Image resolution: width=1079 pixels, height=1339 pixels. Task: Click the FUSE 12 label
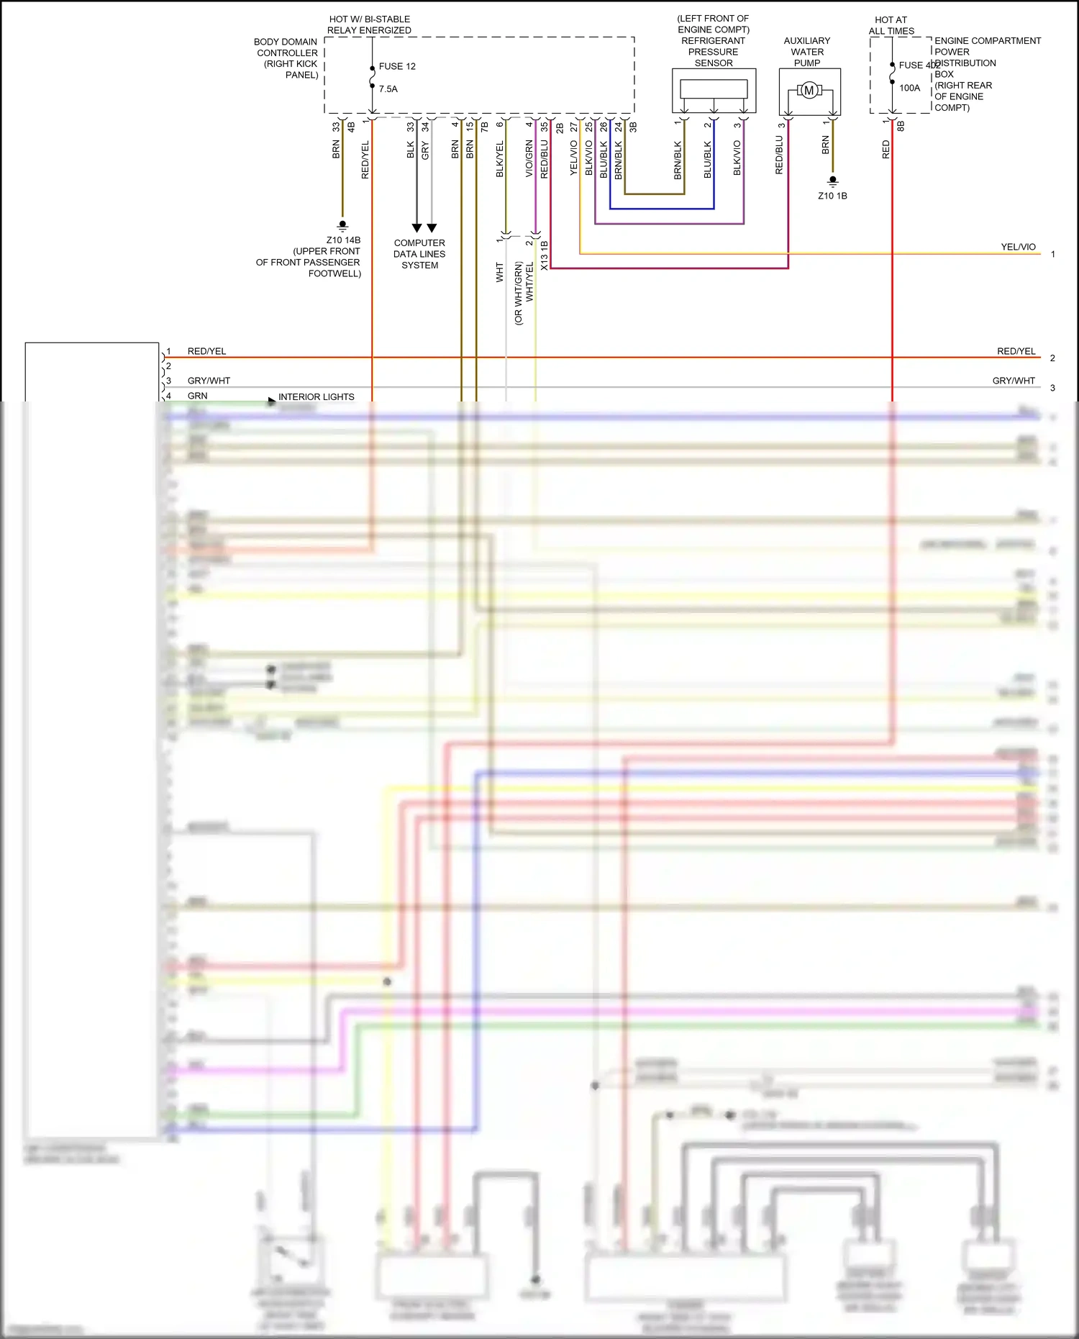(397, 66)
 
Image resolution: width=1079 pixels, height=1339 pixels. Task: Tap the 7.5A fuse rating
(388, 89)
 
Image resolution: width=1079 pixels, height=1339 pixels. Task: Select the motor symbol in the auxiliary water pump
(809, 91)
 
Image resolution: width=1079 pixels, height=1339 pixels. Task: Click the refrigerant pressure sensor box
(714, 90)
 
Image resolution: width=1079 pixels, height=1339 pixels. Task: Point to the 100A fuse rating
(909, 88)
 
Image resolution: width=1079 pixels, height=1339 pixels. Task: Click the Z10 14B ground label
(343, 240)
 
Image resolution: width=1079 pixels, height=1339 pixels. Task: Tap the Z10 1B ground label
(832, 196)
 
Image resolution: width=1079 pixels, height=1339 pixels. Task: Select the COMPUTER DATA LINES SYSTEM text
(419, 254)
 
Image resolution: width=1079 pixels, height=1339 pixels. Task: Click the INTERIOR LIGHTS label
(316, 396)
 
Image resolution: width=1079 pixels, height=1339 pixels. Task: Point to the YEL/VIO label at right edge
(1018, 247)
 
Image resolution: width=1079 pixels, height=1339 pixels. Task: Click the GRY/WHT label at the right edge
(1014, 381)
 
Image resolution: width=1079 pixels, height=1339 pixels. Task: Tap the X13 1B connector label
(545, 255)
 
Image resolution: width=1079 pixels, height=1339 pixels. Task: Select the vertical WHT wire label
(500, 272)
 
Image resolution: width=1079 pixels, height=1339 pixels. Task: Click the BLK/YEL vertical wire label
(500, 159)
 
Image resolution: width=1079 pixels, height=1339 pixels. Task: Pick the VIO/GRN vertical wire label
(529, 159)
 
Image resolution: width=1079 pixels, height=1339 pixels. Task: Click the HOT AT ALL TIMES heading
(891, 25)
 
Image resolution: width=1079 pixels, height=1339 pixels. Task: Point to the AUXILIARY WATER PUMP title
(807, 52)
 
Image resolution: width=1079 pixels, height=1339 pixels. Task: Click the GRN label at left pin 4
(197, 396)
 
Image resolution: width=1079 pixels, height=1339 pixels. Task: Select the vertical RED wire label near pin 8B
(885, 150)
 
